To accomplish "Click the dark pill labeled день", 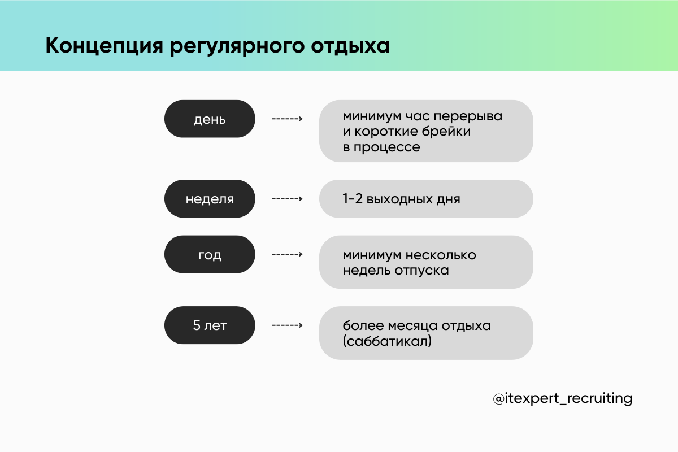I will click(x=210, y=119).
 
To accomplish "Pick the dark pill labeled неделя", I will click(x=210, y=199).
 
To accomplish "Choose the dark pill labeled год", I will click(x=210, y=254).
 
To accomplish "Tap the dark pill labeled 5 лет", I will click(x=210, y=325).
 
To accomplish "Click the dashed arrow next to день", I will click(x=287, y=119).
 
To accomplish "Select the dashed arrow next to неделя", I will click(x=287, y=199).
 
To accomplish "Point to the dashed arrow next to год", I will click(x=287, y=254).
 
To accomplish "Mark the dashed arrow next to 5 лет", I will click(x=287, y=325).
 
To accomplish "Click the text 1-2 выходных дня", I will click(x=401, y=199).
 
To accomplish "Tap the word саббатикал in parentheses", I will click(x=387, y=341).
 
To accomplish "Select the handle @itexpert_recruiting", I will click(x=562, y=398).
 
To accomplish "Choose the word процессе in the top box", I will click(x=387, y=147).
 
